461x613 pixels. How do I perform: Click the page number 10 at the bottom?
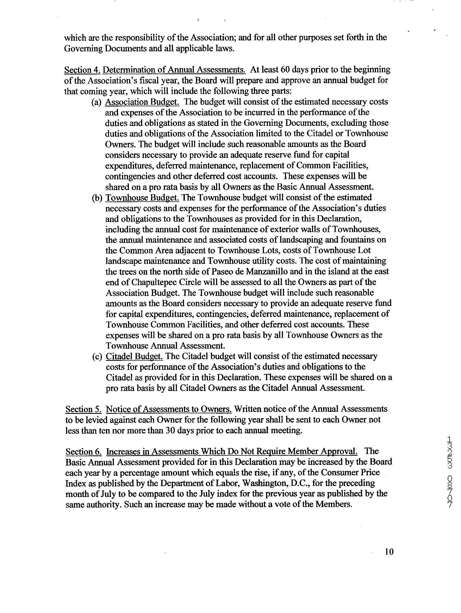click(x=389, y=552)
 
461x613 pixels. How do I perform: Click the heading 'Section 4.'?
click(x=82, y=70)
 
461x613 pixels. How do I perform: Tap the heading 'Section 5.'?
click(x=83, y=409)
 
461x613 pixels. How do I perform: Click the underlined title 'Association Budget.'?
click(x=142, y=102)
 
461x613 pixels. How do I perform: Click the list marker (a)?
click(x=96, y=102)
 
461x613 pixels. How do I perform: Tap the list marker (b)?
click(x=97, y=198)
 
